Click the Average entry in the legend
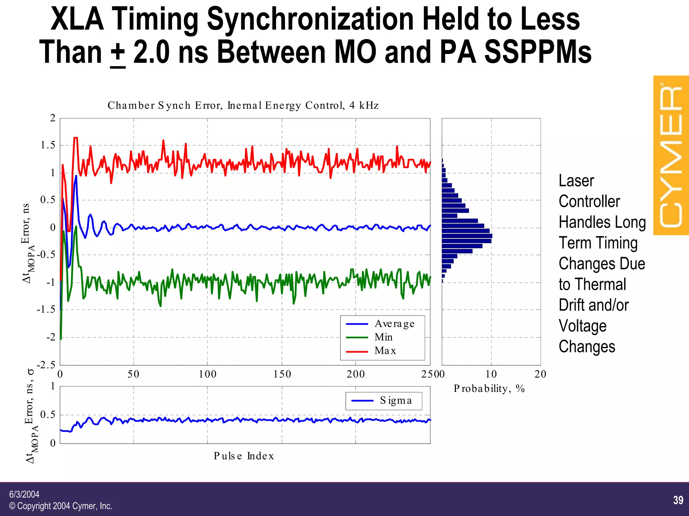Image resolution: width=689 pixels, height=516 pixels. (x=394, y=324)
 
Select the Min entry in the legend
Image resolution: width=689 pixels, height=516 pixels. (x=384, y=337)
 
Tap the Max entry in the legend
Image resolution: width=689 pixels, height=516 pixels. (x=385, y=351)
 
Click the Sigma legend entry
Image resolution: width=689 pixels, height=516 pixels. (x=396, y=400)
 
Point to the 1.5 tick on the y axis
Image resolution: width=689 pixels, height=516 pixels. (x=48, y=145)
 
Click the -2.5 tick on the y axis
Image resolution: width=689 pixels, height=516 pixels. (x=46, y=365)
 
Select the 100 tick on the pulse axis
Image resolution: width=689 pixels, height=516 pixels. (x=207, y=374)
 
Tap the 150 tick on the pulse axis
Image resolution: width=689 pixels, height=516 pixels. (x=282, y=374)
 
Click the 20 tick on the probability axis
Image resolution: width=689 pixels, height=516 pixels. (x=540, y=374)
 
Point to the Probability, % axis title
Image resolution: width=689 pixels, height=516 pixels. (x=489, y=389)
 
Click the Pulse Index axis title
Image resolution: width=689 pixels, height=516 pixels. (x=244, y=456)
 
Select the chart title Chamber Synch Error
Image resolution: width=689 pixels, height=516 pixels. (x=243, y=106)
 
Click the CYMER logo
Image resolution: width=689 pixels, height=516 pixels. (x=671, y=155)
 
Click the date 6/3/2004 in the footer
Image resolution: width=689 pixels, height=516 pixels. (x=24, y=494)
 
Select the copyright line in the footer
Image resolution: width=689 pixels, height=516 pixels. (x=61, y=506)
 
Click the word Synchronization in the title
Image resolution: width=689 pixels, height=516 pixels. (x=310, y=20)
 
